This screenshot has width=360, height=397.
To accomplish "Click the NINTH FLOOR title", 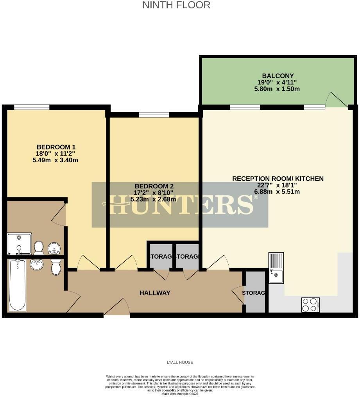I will tap(176, 5).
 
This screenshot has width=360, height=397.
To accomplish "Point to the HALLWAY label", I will tap(155, 293).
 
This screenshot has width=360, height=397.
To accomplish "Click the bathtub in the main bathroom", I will tap(17, 284).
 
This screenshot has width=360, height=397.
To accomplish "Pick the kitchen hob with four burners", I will tap(311, 304).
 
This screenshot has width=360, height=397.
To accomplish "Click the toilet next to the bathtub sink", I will tap(56, 267).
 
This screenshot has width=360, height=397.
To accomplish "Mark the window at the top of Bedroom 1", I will tap(32, 107).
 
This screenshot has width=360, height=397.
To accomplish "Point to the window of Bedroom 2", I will tap(154, 114).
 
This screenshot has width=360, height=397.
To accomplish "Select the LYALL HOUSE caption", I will tap(180, 362).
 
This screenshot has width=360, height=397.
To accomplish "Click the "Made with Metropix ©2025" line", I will tap(180, 393).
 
